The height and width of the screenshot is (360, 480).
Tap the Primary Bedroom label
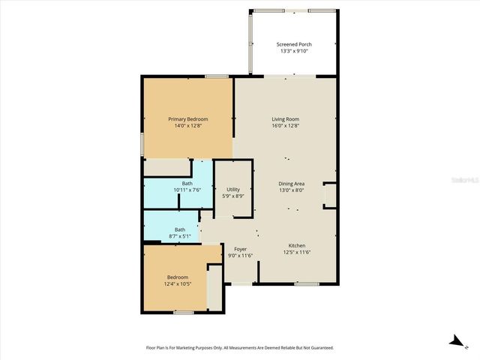(x=187, y=119)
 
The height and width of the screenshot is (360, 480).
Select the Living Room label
(x=285, y=119)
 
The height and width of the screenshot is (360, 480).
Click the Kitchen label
(x=298, y=246)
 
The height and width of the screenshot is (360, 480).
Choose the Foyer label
(x=240, y=249)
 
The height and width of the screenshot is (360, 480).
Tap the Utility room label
(x=233, y=190)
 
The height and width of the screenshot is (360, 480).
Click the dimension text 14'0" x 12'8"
(x=187, y=126)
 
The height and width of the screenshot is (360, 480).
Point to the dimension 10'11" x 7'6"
(x=187, y=190)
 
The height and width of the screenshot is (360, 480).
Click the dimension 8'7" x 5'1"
(x=180, y=235)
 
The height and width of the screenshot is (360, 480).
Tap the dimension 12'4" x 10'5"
(x=178, y=283)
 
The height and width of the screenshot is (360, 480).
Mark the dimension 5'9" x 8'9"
(x=233, y=196)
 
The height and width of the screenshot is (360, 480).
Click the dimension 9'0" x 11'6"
(x=240, y=256)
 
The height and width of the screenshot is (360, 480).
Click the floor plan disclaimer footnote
(x=239, y=347)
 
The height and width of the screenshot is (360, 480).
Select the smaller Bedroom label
(x=178, y=277)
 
